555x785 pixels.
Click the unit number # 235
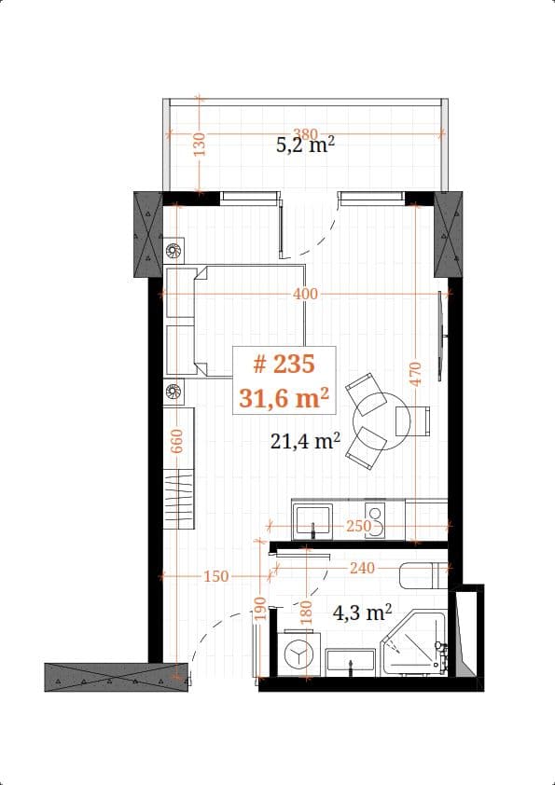pos(284,364)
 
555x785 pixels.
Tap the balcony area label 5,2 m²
pos(305,145)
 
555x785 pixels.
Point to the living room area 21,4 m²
pos(305,441)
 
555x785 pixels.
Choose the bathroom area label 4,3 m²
pos(362,613)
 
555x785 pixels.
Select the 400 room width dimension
pos(305,294)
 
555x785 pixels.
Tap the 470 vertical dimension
pos(416,374)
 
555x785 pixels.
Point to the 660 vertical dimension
pos(176,440)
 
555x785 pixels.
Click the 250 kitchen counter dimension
pos(358,526)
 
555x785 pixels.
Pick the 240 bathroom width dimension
pos(362,567)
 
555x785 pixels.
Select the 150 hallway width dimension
pos(215,577)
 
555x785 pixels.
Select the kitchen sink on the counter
pos(312,518)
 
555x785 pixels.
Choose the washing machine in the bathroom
pos(298,655)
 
